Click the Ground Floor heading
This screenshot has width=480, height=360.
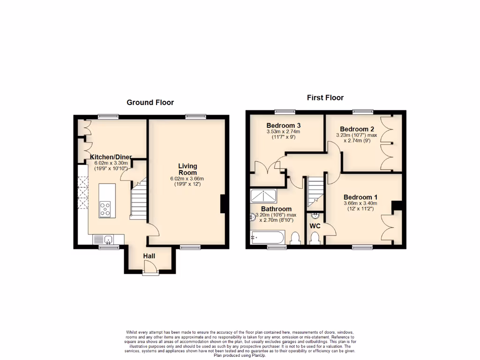coord(150,102)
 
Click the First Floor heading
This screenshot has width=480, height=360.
coord(325,97)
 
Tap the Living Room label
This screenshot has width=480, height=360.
coord(187,169)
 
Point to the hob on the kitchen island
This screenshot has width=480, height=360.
coord(105,209)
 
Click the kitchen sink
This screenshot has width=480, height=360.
coord(108,240)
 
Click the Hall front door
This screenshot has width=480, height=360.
coord(150,268)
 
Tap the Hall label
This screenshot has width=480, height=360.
coord(149,256)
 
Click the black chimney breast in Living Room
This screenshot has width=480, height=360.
coord(225,204)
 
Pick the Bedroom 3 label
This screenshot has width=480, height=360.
coord(283,126)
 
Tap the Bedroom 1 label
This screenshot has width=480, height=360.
coord(360,197)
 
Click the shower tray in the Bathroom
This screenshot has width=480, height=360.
coord(264,195)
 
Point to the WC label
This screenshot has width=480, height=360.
coord(315,226)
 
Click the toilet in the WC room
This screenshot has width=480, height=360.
coord(315,239)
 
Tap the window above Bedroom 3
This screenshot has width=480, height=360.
coord(285,112)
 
